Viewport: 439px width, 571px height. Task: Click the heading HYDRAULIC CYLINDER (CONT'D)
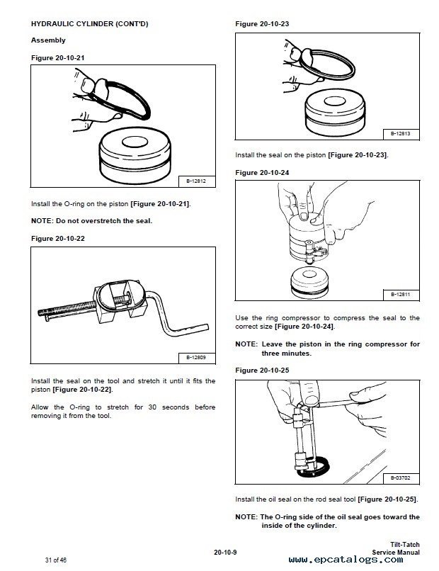tap(89, 24)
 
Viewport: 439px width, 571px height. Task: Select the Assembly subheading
tap(48, 40)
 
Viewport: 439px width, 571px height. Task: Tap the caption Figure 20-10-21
tap(57, 58)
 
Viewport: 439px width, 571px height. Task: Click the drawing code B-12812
tap(196, 181)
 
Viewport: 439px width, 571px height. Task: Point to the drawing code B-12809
tap(196, 358)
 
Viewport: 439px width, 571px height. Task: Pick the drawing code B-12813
tap(401, 134)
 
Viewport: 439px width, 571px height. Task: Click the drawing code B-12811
tap(401, 294)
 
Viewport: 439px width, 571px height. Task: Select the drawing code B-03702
tap(401, 477)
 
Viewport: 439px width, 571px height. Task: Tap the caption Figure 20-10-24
tap(262, 173)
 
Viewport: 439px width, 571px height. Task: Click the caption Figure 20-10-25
tap(262, 371)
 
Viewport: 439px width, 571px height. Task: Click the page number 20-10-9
tap(225, 553)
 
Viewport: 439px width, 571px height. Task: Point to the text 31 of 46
tap(56, 560)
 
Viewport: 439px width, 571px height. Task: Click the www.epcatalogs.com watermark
tap(346, 560)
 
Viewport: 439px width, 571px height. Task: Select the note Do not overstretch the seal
tap(92, 221)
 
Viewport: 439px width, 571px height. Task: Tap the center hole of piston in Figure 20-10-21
tap(135, 142)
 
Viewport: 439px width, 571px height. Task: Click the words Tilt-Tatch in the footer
tap(405, 545)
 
